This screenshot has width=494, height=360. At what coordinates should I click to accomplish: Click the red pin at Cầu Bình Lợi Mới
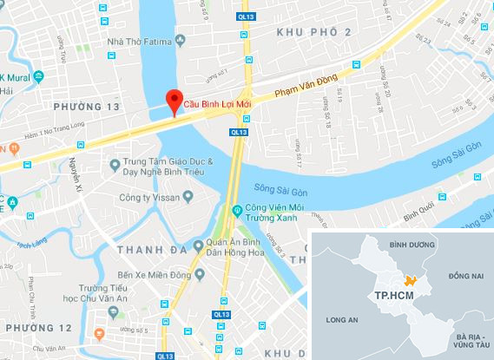point(173,100)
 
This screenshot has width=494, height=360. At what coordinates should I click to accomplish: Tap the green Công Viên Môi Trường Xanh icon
point(236,210)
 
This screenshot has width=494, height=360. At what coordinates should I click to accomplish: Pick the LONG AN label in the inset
point(339,320)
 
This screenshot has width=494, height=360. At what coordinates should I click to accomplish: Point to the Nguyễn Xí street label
point(73,178)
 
